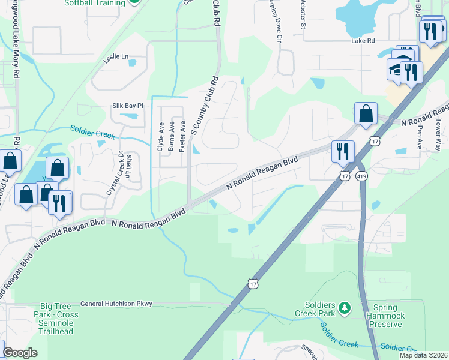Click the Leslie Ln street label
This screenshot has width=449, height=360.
[117, 57]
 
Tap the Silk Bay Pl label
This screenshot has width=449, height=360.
[128, 106]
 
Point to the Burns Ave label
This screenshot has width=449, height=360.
[172, 137]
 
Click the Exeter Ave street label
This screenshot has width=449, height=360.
[182, 137]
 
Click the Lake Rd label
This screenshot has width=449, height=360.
[363, 41]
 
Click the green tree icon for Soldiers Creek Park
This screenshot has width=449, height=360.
[344, 308]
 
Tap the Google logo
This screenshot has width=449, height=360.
[20, 353]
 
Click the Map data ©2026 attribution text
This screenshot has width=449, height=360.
[423, 355]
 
